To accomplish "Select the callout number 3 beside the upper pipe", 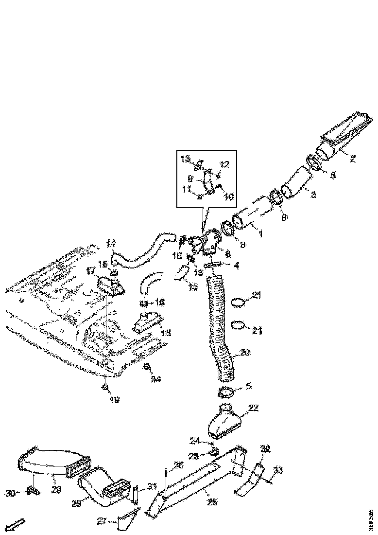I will tap(313, 195).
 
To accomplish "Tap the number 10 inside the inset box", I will tap(229, 197).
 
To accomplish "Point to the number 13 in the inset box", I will tap(185, 159).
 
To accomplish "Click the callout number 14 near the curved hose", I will tap(111, 243).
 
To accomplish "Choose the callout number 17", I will tap(90, 271).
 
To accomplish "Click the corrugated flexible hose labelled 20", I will tap(222, 331).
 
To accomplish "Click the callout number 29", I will tap(56, 490).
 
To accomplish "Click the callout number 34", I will tap(155, 379).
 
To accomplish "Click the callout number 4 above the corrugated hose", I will tap(236, 266).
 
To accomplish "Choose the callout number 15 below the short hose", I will tap(193, 286).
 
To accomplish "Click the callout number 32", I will tap(265, 448).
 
